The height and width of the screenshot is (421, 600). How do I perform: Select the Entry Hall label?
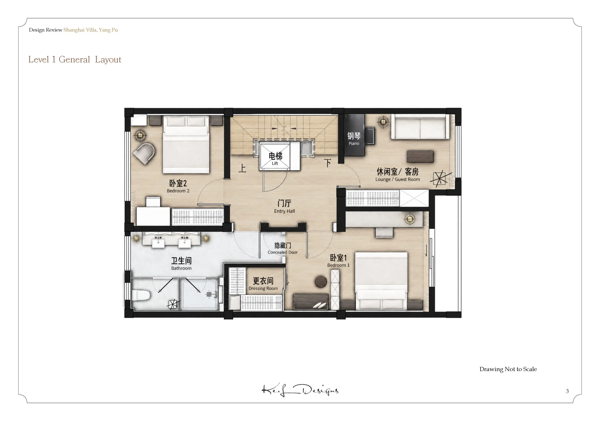[x=284, y=206]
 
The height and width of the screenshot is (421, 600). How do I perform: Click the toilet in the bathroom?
[x=141, y=296]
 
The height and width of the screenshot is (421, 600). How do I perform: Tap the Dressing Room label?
[x=263, y=284]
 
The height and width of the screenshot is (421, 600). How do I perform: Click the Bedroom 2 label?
[x=178, y=186]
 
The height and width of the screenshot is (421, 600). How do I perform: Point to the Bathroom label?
[x=181, y=264]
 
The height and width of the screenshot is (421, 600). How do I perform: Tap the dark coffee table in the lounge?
[x=420, y=156]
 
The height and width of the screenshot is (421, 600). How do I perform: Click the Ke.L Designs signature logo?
[x=300, y=390]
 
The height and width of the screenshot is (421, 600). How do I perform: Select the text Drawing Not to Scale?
[x=508, y=369]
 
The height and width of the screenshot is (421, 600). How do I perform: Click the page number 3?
[x=567, y=391]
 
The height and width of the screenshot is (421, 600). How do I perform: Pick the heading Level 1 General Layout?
[x=75, y=60]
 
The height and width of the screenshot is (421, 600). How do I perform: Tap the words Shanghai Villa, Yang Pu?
[x=91, y=30]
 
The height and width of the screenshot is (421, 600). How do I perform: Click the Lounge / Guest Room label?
[x=398, y=175]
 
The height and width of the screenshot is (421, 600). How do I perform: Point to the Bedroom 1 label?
[x=338, y=261]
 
